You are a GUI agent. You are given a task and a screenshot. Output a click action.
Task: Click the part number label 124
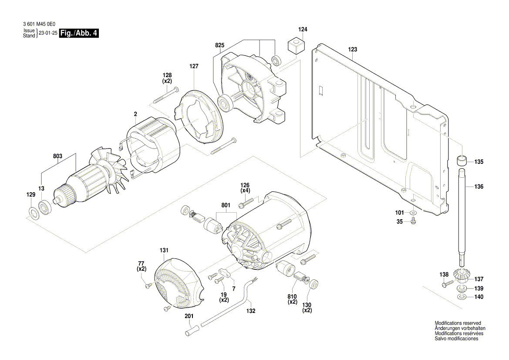point(303,30)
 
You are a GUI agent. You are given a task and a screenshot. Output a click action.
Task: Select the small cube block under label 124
point(296,45)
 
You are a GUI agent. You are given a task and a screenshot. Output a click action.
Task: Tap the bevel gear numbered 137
point(462,276)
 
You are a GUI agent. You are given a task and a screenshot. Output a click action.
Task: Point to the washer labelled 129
point(33,213)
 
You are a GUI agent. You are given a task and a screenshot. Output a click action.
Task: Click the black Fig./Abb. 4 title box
point(79,34)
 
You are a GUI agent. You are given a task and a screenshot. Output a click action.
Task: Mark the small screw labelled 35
point(413,222)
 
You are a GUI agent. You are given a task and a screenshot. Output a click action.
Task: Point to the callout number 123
point(352,50)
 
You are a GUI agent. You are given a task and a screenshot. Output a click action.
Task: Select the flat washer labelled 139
point(462,289)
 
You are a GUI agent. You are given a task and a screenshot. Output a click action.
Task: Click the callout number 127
point(194,67)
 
